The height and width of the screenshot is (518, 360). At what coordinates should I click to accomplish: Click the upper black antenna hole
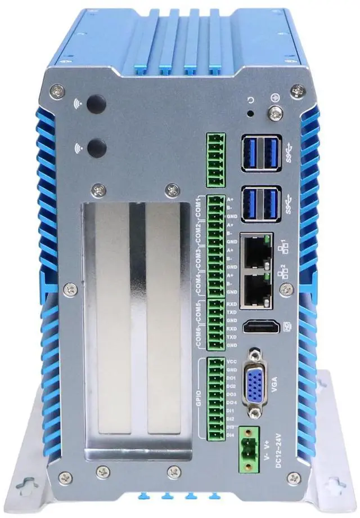96,105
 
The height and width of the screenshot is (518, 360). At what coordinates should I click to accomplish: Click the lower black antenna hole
96,149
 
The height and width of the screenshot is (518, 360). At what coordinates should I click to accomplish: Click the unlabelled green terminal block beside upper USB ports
215,160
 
